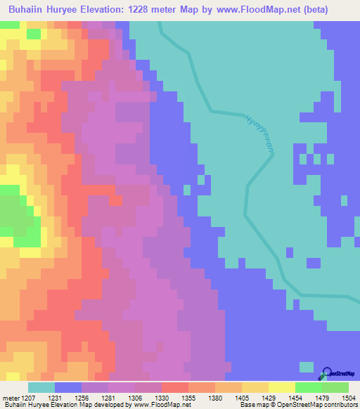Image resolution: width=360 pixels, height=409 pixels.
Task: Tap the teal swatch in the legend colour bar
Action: [41, 387]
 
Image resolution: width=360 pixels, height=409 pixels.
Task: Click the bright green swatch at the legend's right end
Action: [335, 387]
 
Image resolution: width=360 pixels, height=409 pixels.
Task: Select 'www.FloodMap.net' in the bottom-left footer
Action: [162, 405]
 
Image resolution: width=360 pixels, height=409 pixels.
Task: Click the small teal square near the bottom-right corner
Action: [306, 366]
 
